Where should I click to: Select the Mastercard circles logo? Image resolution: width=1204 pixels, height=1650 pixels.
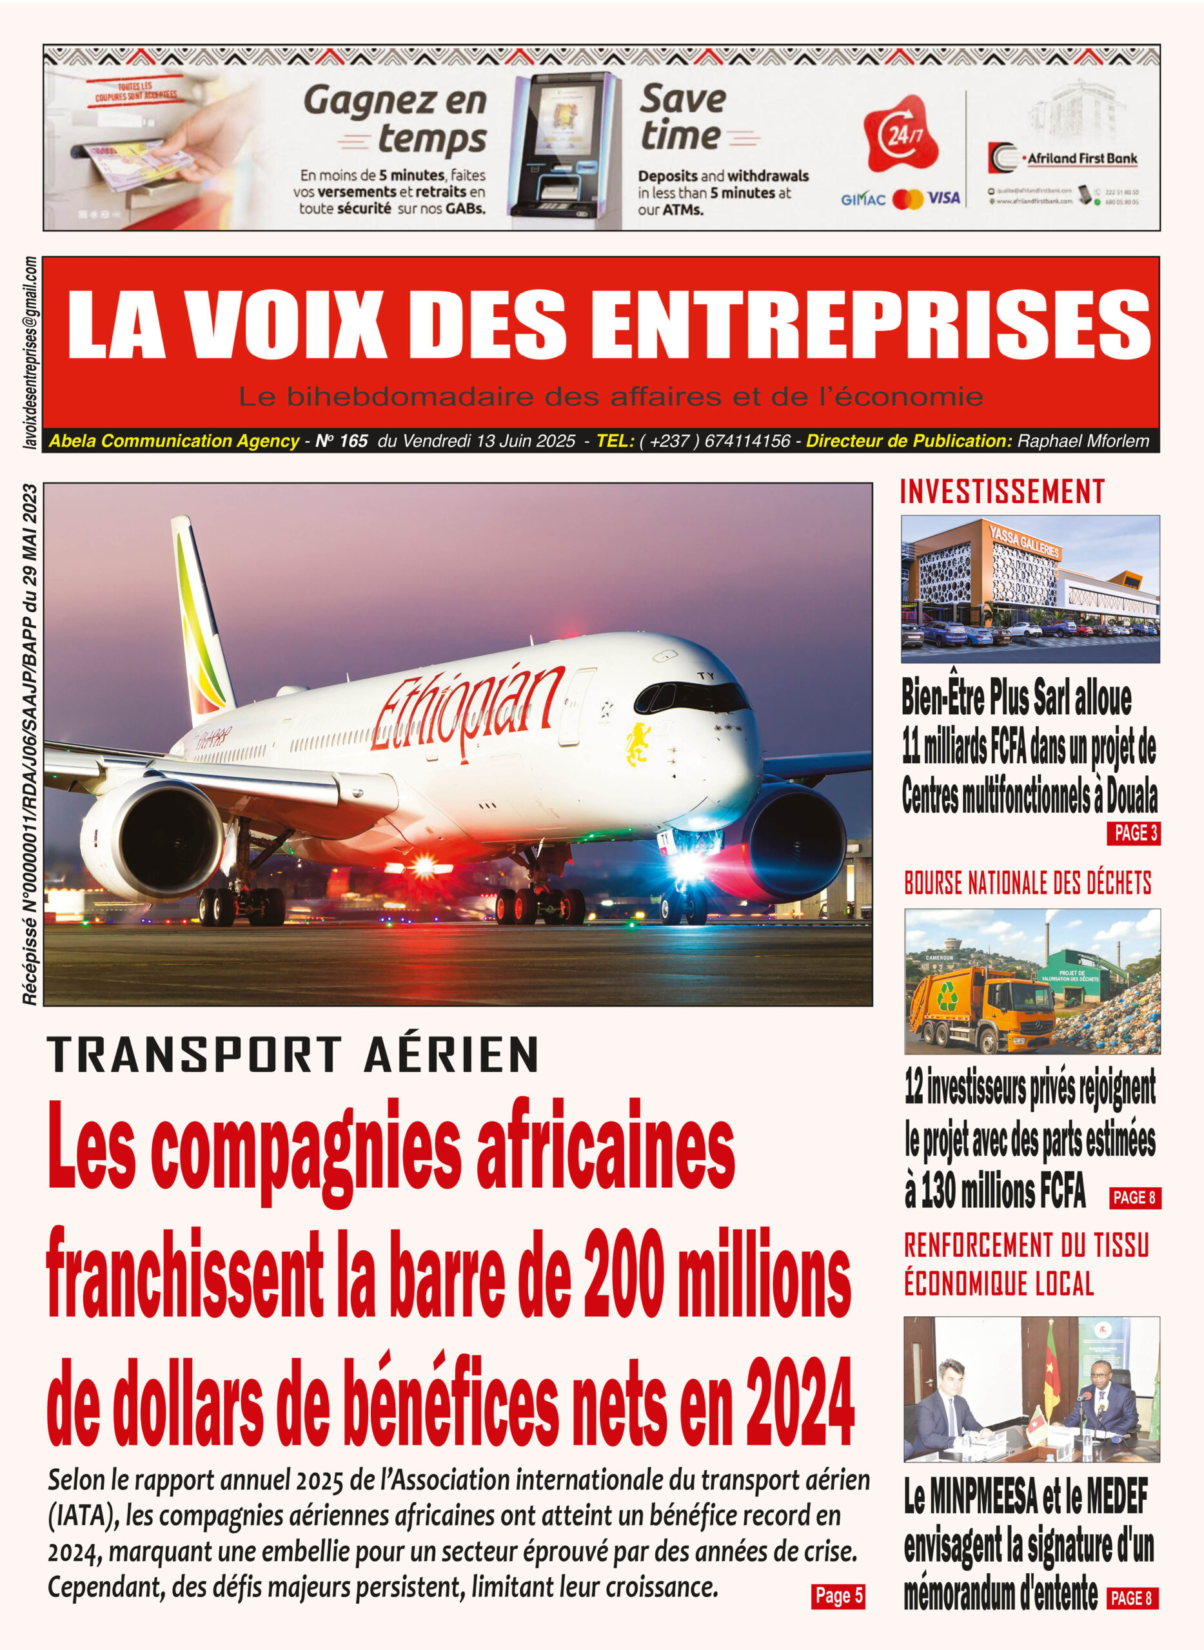coord(907,198)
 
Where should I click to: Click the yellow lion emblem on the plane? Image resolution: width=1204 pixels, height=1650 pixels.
coord(638,744)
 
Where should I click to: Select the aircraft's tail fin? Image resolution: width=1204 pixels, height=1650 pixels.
coord(201,612)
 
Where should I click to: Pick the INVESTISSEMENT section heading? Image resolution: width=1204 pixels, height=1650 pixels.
coord(1002,492)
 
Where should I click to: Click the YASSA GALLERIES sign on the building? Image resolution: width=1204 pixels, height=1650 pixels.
coord(1024,543)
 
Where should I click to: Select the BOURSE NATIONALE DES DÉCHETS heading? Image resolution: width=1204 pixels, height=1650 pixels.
coord(1028,883)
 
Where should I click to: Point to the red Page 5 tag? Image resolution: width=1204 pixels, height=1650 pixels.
coord(838,1595)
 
